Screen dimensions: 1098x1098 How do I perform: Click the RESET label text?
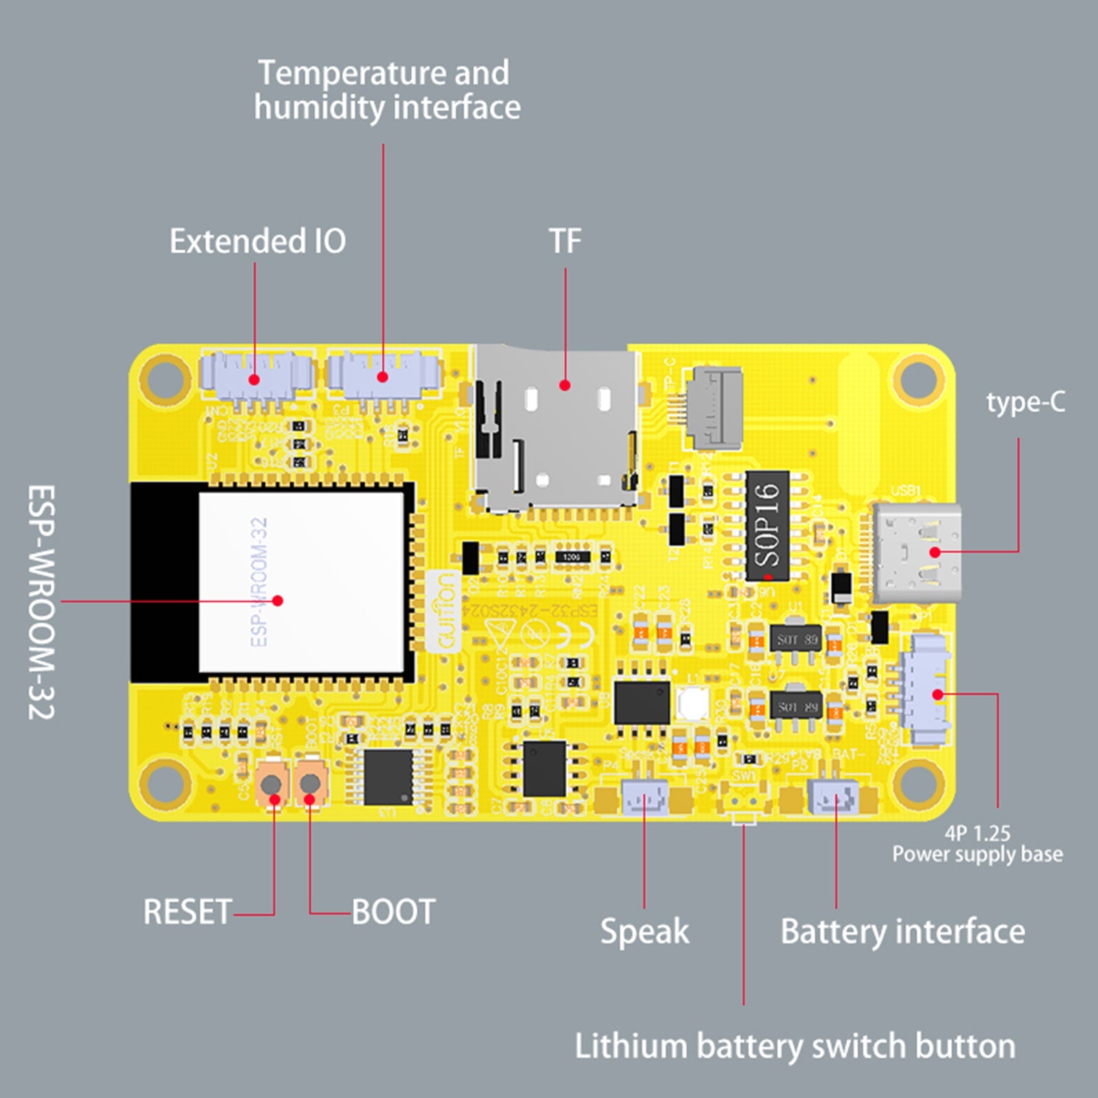click(187, 912)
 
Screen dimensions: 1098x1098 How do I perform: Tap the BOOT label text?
click(393, 912)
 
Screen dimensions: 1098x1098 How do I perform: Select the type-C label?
click(1025, 402)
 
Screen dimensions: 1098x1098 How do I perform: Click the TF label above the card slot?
click(565, 241)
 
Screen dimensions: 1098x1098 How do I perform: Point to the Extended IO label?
click(257, 241)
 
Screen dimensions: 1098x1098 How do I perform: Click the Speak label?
click(644, 931)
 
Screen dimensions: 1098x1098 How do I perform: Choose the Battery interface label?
click(902, 931)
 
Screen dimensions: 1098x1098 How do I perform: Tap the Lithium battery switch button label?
click(795, 1047)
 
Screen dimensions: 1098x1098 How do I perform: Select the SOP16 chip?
click(767, 525)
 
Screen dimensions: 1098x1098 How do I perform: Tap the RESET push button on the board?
click(272, 783)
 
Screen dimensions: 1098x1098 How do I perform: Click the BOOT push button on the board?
click(310, 783)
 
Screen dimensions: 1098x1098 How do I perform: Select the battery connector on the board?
click(834, 797)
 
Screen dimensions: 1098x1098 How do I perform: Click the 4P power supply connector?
click(930, 690)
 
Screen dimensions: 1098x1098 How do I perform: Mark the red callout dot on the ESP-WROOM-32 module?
click(277, 600)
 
